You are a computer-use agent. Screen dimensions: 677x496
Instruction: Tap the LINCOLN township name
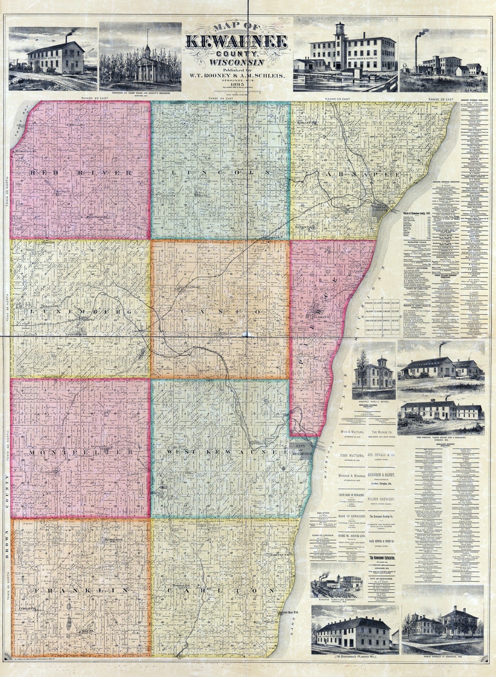(x=221, y=172)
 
